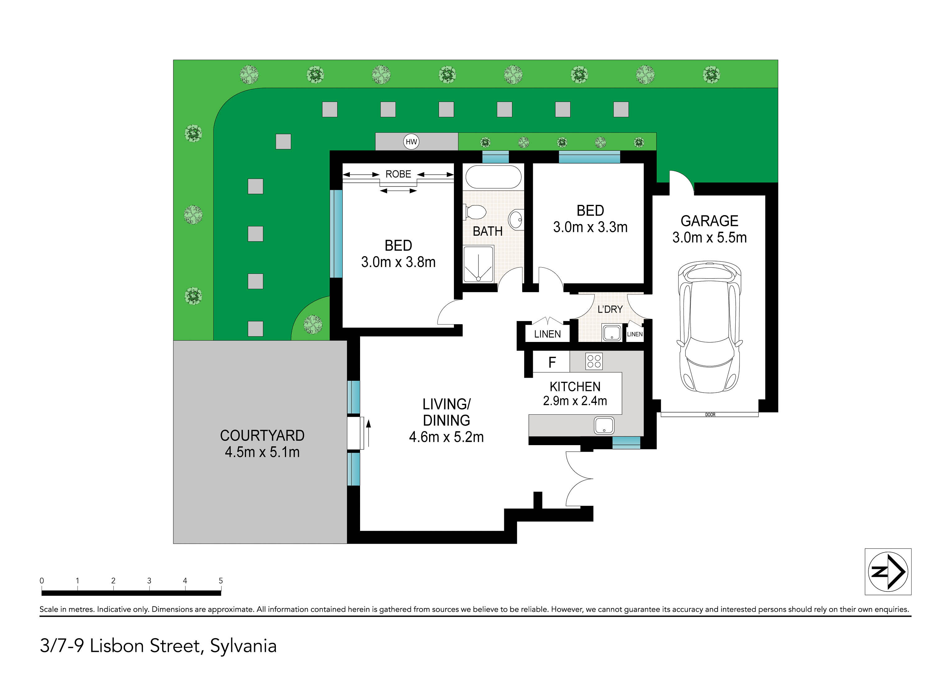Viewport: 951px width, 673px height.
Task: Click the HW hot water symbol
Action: pyautogui.click(x=411, y=142)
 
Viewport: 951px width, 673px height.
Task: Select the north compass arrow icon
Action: pyautogui.click(x=888, y=571)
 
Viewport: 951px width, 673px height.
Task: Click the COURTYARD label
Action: pyautogui.click(x=262, y=436)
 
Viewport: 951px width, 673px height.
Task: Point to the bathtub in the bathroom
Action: pyautogui.click(x=493, y=177)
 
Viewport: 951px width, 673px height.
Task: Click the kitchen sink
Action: pyautogui.click(x=604, y=425)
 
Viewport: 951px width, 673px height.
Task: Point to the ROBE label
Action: pyautogui.click(x=398, y=174)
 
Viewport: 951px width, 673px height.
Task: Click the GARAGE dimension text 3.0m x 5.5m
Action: pyautogui.click(x=710, y=237)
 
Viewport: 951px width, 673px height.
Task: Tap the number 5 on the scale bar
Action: pyautogui.click(x=221, y=581)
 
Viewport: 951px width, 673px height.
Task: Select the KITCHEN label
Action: pyautogui.click(x=575, y=387)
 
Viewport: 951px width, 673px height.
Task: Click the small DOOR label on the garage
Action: pyautogui.click(x=710, y=414)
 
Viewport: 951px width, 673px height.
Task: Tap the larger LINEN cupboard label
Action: pyautogui.click(x=547, y=334)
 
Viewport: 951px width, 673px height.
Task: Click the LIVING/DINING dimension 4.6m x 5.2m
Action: pyautogui.click(x=446, y=437)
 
